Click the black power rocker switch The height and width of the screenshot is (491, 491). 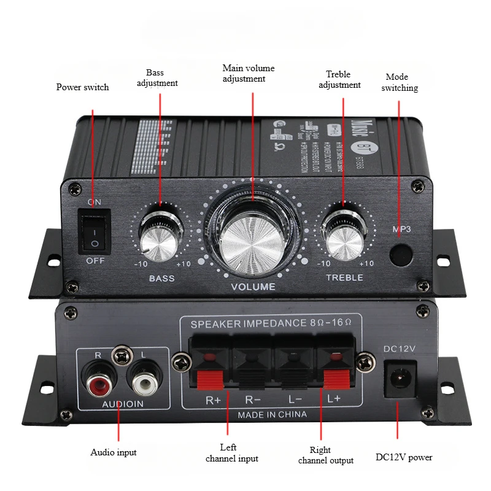coord(93,231)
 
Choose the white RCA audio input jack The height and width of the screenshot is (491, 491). coord(145,384)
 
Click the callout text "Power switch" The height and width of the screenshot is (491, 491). coord(82,87)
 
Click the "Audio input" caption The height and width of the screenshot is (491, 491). coord(114,452)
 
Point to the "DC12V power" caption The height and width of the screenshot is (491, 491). coord(404,457)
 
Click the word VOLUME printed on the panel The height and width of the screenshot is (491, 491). coord(253,287)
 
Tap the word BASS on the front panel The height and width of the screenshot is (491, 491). coord(161,278)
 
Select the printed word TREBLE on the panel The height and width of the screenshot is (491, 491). coord(344,277)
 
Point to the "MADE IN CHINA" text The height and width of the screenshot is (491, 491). coord(273,414)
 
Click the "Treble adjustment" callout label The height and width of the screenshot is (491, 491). coord(339,79)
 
